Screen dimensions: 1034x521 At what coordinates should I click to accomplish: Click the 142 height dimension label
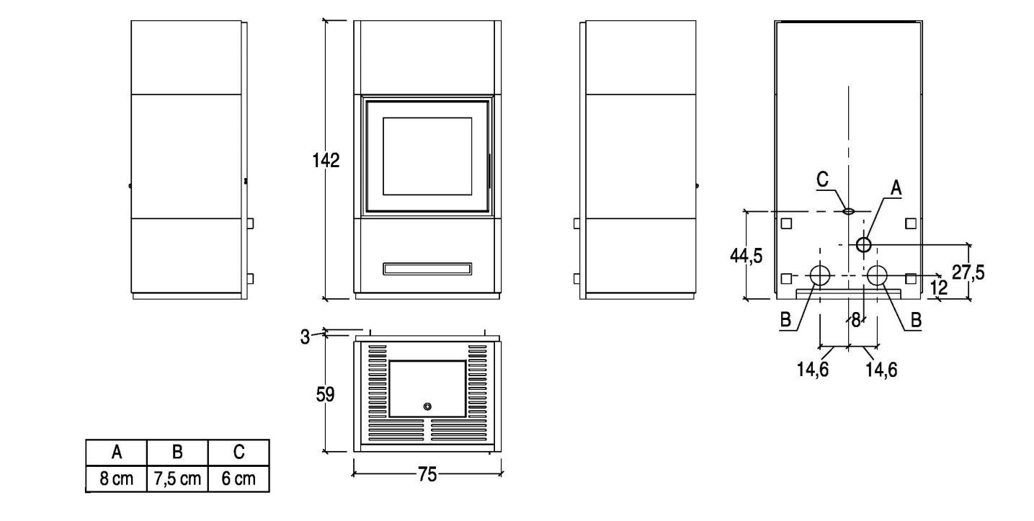(326, 160)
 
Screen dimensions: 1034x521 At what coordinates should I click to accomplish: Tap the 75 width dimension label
(427, 474)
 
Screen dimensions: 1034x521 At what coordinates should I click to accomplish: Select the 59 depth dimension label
(325, 395)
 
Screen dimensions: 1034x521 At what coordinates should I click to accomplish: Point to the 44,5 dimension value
(746, 255)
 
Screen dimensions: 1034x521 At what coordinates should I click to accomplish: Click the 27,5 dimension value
(968, 272)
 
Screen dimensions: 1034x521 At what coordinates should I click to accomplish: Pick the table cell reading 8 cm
(116, 478)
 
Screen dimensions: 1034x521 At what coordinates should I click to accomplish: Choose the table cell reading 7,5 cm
(177, 478)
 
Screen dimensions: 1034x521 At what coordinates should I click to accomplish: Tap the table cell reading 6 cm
(239, 478)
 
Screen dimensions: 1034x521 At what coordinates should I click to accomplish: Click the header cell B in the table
(177, 453)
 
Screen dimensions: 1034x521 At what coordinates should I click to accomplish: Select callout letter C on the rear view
(822, 179)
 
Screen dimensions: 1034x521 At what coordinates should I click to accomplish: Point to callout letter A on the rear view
(896, 188)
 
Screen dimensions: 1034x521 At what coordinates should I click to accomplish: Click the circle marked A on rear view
(864, 244)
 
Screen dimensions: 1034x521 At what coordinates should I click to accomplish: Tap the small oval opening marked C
(848, 211)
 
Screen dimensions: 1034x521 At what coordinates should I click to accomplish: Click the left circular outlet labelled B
(820, 276)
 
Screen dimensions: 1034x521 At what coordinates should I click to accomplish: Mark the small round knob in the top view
(427, 406)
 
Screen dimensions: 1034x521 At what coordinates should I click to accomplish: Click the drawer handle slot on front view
(427, 269)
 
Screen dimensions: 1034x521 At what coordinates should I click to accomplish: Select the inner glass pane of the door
(427, 156)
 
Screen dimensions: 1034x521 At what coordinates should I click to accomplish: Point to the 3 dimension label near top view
(305, 337)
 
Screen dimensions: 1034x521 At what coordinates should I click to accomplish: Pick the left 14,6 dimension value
(813, 369)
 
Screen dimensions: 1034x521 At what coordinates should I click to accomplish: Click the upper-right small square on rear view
(911, 223)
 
